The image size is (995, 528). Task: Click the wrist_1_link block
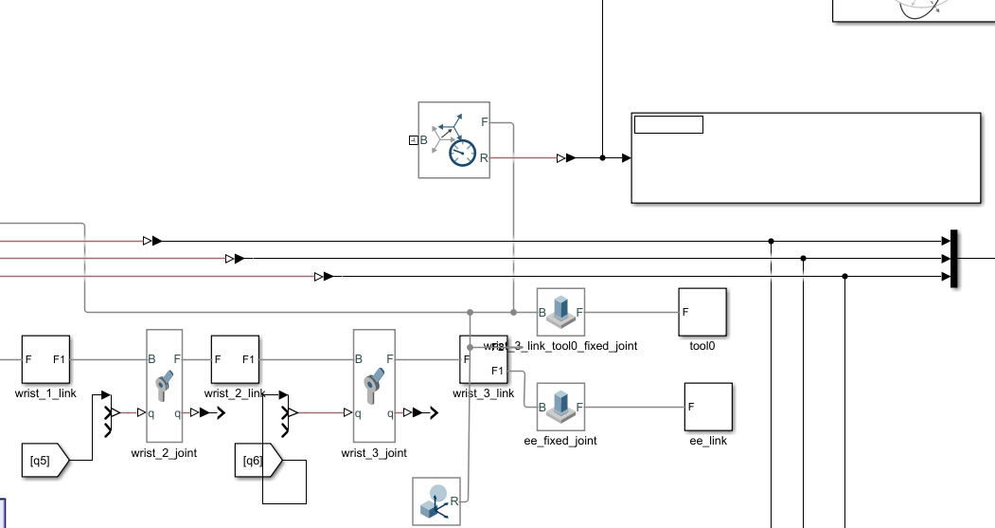(x=46, y=359)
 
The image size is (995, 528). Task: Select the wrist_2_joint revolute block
(x=164, y=385)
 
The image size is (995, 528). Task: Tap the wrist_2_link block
(x=235, y=359)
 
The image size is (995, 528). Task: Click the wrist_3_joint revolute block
(x=373, y=385)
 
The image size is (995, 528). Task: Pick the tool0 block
(x=702, y=312)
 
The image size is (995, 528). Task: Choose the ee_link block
(x=708, y=407)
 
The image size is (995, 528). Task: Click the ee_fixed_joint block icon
(x=560, y=407)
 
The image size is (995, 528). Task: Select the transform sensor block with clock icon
(x=453, y=140)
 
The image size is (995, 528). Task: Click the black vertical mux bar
(x=954, y=258)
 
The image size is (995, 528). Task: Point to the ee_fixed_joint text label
(x=560, y=441)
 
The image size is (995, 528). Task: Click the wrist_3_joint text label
(x=374, y=453)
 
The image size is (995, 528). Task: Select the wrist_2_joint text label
(x=164, y=453)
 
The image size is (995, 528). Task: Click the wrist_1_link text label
(x=45, y=393)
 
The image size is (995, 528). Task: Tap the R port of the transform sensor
(x=484, y=158)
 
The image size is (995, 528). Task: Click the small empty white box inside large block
(x=668, y=124)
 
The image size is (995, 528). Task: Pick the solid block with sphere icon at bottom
(x=436, y=501)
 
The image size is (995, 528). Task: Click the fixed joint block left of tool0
(x=560, y=312)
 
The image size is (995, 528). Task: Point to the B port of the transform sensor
(x=424, y=140)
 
